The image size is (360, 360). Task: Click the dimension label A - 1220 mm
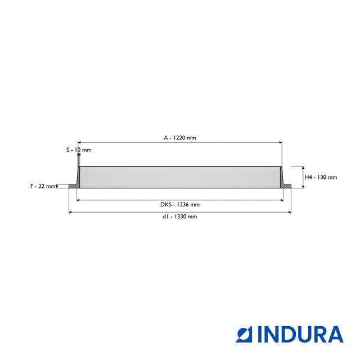pos(180,138)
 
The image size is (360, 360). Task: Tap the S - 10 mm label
pos(79,150)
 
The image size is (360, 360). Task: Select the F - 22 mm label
pos(43,186)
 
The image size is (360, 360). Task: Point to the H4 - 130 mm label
pos(321,177)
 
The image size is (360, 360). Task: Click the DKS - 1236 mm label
pos(180,205)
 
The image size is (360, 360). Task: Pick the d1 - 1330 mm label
pos(180,217)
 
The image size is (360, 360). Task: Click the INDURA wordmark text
pos(300,334)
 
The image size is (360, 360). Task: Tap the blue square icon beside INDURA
pos(244,334)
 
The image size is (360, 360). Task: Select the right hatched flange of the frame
pos(286,186)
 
